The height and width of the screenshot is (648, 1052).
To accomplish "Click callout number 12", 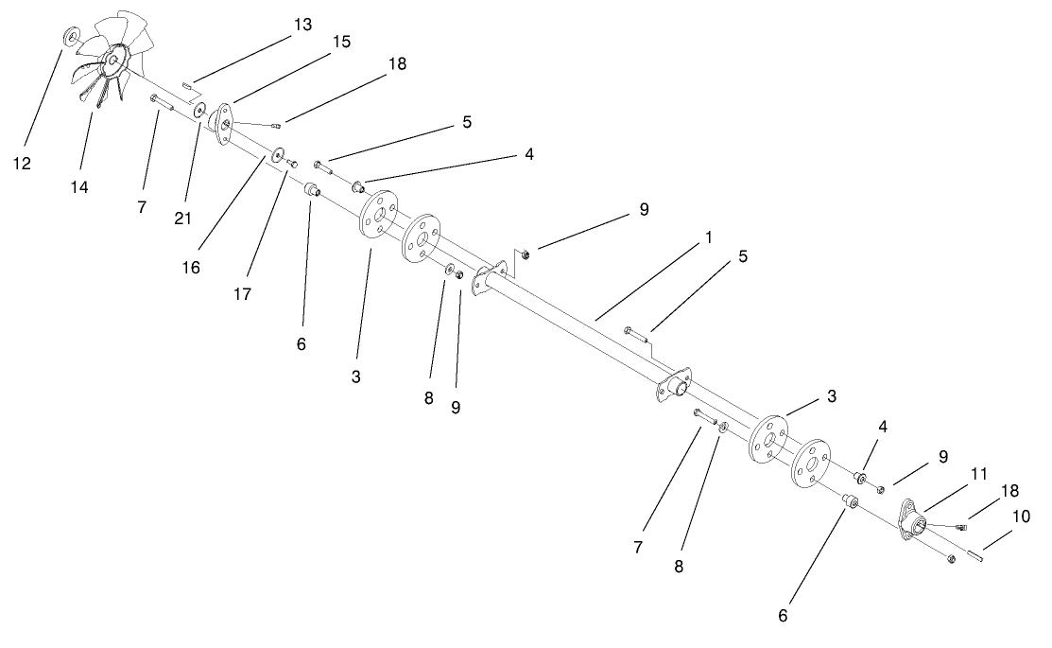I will point(21,164).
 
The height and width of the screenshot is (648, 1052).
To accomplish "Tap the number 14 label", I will point(78,187).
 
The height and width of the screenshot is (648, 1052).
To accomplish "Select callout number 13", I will point(302,25).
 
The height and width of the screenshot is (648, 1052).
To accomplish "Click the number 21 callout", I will point(182,219).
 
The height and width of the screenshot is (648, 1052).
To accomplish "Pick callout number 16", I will point(191,268).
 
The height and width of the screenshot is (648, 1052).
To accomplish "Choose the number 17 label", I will point(243,294).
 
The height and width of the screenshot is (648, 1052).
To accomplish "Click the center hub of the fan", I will point(112,60).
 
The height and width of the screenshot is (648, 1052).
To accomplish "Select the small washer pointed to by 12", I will point(71,38).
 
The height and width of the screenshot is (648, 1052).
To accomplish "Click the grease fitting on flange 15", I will point(274,125).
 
